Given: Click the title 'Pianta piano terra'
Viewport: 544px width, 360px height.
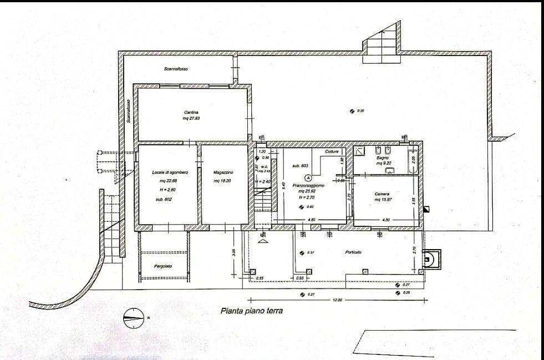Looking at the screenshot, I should coord(251,311).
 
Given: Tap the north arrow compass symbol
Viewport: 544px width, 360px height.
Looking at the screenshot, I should coord(133,317).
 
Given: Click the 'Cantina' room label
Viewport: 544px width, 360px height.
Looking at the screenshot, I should coord(192,113).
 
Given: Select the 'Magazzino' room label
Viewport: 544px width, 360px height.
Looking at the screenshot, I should coord(223,173).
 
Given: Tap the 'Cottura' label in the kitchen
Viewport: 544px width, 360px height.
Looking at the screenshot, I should coord(332,152).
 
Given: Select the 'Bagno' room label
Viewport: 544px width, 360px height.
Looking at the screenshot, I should coord(383,158).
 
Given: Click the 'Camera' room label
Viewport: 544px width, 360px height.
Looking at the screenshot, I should coord(382,194).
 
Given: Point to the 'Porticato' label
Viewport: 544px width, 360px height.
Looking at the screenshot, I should coord(353,252).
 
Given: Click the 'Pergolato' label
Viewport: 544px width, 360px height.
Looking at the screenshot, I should coord(162,266).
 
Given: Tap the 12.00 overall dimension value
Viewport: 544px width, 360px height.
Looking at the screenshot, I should coord(337,300).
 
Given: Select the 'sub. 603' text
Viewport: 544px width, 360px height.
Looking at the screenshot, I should coord(300,165).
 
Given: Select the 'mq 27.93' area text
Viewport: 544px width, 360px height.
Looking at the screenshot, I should coord(191,118).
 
